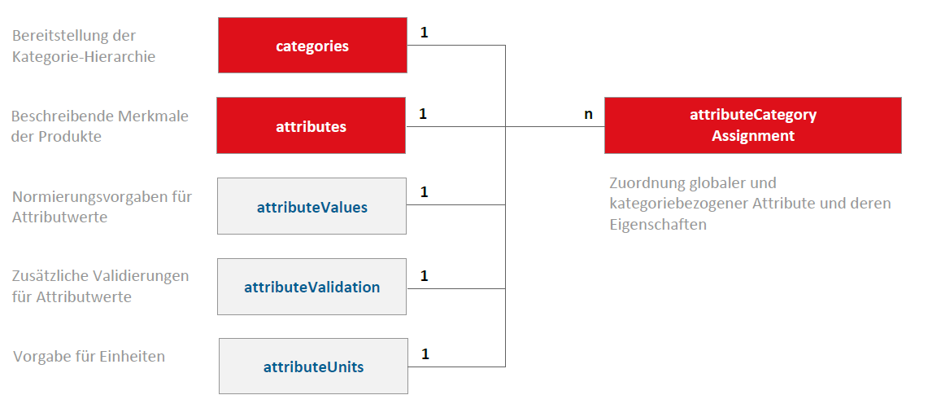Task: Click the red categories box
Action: click(x=312, y=45)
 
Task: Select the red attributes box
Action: click(x=311, y=125)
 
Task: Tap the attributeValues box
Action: click(x=311, y=206)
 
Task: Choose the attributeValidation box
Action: click(x=311, y=287)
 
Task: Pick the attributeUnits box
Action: click(x=313, y=366)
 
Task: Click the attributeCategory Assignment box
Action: click(x=752, y=125)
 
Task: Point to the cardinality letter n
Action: click(x=588, y=114)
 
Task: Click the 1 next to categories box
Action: click(x=425, y=33)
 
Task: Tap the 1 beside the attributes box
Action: click(x=423, y=113)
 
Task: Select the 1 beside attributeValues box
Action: click(x=425, y=192)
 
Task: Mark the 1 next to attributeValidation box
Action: click(x=425, y=276)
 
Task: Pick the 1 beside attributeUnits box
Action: click(x=425, y=354)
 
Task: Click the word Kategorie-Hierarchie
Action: click(x=84, y=57)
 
